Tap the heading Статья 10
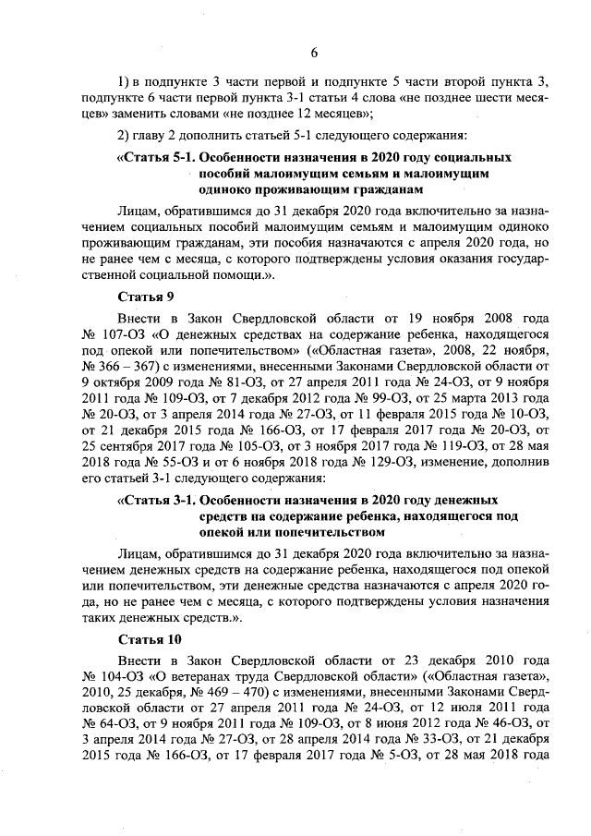pyautogui.click(x=150, y=639)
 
